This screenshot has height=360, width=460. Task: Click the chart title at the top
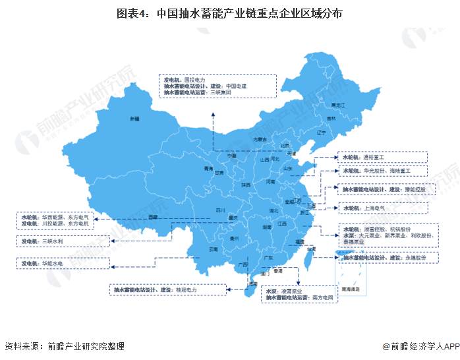click(230, 13)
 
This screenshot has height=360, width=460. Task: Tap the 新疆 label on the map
click(134, 119)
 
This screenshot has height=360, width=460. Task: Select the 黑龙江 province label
click(337, 105)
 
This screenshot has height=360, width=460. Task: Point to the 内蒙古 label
click(260, 139)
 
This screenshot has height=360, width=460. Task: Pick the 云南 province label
click(212, 249)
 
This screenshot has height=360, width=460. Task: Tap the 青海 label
click(190, 169)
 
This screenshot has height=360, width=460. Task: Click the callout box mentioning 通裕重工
click(384, 158)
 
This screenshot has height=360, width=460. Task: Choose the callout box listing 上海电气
click(384, 208)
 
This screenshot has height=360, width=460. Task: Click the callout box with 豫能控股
click(384, 189)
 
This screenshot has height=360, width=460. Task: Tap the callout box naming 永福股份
click(384, 258)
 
